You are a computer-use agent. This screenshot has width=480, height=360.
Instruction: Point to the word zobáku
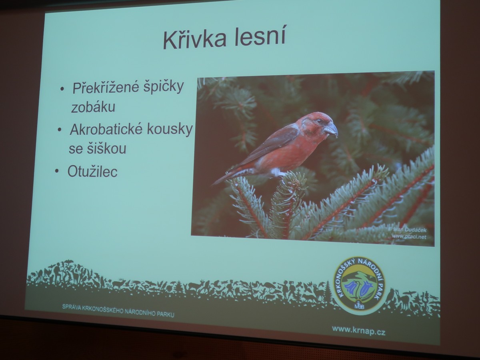click(x=93, y=107)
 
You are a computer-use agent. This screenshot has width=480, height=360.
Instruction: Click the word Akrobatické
click(x=106, y=130)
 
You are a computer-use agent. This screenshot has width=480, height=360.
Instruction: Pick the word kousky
click(x=170, y=130)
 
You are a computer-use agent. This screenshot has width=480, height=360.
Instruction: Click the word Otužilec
click(x=92, y=171)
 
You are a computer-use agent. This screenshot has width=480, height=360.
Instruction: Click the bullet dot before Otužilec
click(x=57, y=171)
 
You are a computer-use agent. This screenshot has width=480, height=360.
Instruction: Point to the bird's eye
click(x=320, y=121)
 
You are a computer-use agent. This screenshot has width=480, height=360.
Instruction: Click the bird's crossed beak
click(x=331, y=129)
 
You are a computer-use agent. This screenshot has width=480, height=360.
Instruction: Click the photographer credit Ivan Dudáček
click(x=409, y=230)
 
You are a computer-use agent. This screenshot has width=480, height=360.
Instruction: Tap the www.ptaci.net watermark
click(x=409, y=236)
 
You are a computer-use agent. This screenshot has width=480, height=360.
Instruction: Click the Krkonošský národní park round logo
click(x=360, y=286)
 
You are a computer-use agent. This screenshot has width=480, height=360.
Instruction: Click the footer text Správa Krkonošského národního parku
click(x=118, y=311)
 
